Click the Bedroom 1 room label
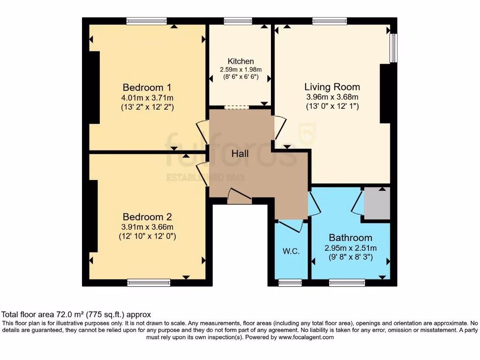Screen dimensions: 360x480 click(x=147, y=88)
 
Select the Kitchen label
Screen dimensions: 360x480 click(x=240, y=61)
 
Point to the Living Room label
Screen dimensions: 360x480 click(x=332, y=87)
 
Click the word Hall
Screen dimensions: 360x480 click(x=240, y=154)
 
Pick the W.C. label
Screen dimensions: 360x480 click(x=291, y=251)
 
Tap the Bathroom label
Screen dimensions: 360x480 click(x=350, y=238)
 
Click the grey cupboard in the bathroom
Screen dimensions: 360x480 click(x=377, y=203)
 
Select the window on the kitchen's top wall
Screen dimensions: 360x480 click(x=238, y=21)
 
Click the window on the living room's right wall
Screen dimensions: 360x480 click(x=394, y=48)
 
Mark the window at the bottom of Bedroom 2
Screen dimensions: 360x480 click(x=149, y=283)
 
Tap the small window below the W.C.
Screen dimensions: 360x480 click(x=290, y=283)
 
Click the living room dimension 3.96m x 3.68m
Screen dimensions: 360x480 click(x=332, y=97)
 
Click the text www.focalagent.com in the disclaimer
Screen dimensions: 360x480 click(x=306, y=337)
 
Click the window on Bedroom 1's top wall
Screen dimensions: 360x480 click(x=146, y=21)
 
